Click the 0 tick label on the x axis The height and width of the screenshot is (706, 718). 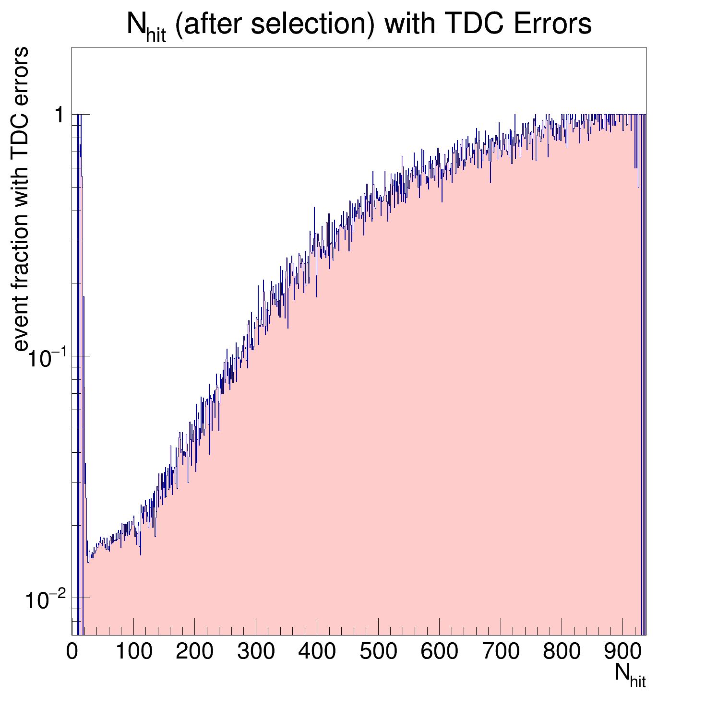coord(72,651)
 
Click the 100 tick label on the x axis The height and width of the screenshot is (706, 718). coord(133,651)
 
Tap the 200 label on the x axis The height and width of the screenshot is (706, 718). coord(194,651)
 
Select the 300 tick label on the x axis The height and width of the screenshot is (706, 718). coord(256,651)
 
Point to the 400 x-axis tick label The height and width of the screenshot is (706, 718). coord(317,651)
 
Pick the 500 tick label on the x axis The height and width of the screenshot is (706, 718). coord(378,651)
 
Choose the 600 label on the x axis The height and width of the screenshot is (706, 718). coord(439,651)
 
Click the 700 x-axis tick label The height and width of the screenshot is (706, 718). coord(501,651)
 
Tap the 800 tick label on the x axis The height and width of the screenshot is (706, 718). coord(562,651)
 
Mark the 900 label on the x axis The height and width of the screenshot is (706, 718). coord(623,651)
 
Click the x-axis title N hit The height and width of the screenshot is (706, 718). coord(630,675)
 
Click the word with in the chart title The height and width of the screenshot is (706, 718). coord(402,24)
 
